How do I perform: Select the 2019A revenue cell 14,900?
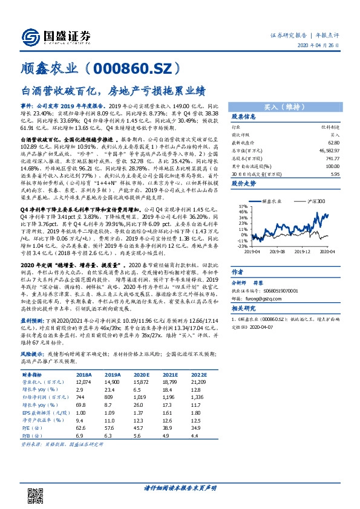coord(113,382)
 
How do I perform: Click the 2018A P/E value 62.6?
coord(82,428)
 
